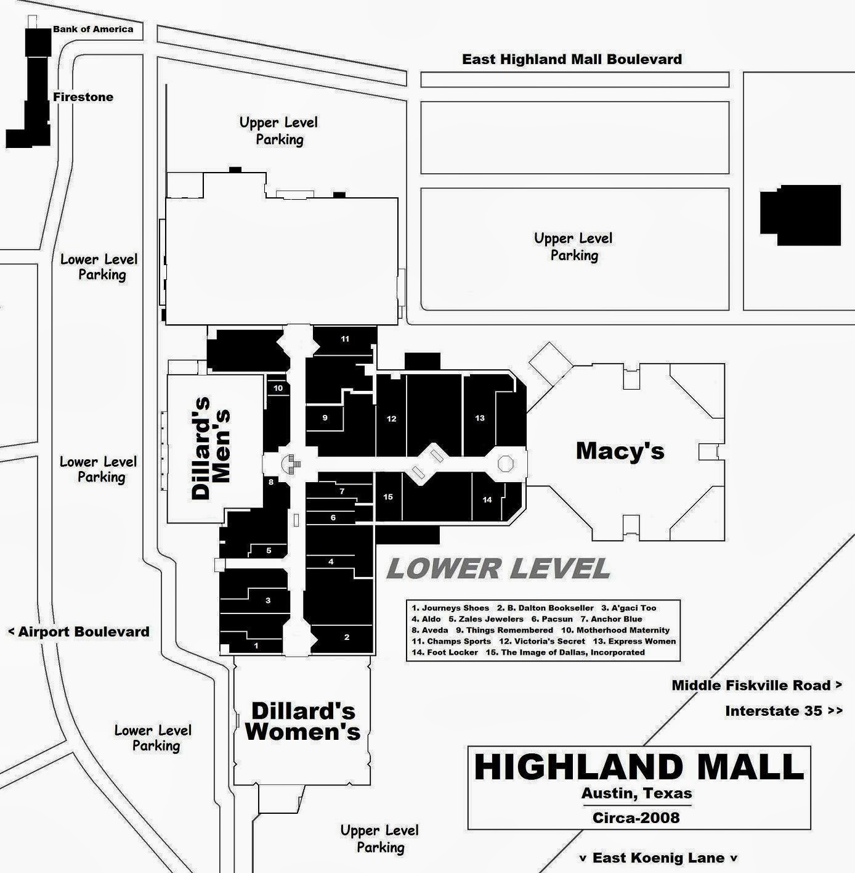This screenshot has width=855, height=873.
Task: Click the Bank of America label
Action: [93, 30]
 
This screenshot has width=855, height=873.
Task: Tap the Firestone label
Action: [83, 97]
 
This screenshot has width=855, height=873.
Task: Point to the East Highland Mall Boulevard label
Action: [572, 59]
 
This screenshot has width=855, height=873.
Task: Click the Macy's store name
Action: [620, 451]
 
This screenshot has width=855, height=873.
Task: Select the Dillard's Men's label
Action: [211, 448]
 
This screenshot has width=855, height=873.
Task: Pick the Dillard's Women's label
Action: [303, 721]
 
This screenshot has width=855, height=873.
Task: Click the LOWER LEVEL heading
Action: [498, 568]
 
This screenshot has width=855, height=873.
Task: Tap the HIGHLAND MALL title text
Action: [639, 767]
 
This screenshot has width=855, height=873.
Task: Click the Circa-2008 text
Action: [636, 818]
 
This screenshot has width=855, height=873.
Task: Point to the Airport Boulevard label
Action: [79, 631]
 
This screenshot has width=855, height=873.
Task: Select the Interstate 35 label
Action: [784, 711]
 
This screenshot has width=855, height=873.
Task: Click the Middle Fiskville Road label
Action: [756, 685]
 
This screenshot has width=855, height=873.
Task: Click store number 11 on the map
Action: [345, 339]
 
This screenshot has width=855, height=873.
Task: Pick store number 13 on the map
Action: [480, 418]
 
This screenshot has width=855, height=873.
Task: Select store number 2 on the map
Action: [346, 637]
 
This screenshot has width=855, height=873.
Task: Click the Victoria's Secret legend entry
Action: [542, 641]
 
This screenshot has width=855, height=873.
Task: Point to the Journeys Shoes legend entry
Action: [450, 608]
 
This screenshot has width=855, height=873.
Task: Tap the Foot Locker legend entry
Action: [445, 652]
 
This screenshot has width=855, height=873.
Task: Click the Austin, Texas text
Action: [637, 793]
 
